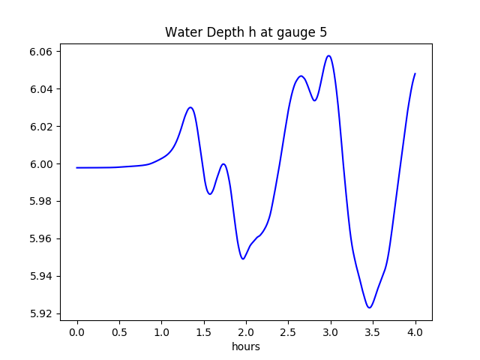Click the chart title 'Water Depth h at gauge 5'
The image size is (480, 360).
245,33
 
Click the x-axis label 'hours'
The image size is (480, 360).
245,346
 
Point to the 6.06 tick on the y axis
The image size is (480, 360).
43,52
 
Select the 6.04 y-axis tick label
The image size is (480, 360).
43,89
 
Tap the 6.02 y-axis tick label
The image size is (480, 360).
43,127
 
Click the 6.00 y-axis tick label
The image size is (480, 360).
43,164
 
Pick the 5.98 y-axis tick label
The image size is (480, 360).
43,201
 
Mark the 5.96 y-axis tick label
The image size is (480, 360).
43,238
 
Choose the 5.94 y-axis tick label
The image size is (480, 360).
43,276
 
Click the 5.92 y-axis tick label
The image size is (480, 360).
43,313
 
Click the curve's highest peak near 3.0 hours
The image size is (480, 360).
328,55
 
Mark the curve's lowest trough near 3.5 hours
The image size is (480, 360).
369,307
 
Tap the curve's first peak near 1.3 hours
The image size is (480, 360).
190,107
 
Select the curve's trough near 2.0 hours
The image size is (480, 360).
243,259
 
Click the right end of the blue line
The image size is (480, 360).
415,73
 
